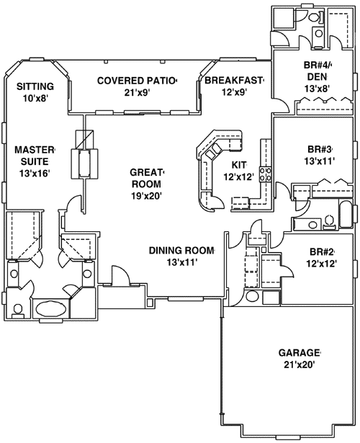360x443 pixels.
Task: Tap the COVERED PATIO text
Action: pyautogui.click(x=137, y=80)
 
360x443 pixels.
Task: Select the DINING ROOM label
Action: pyautogui.click(x=182, y=251)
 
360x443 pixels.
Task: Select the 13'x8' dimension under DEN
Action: pyautogui.click(x=318, y=89)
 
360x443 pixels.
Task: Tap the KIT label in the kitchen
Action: pyautogui.click(x=238, y=165)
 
